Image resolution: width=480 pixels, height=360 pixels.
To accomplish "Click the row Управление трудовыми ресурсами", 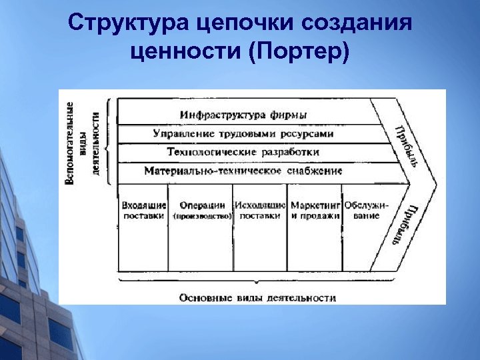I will [243, 133].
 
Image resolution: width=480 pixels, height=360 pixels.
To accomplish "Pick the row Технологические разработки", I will [243, 152].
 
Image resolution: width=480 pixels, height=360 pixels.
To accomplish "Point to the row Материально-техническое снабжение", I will [243, 171].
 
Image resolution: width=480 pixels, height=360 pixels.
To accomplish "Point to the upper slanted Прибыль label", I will [406, 147].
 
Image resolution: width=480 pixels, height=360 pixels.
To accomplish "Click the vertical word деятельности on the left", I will [96, 143].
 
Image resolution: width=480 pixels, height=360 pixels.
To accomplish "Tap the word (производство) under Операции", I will [201, 217].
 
